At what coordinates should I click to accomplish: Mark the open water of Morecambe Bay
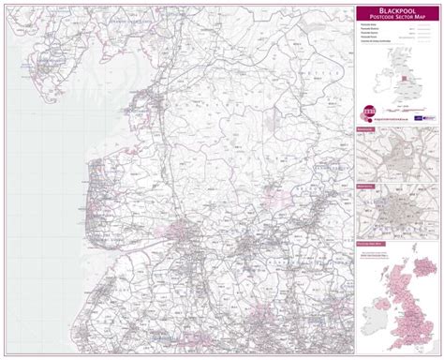(112, 103)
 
